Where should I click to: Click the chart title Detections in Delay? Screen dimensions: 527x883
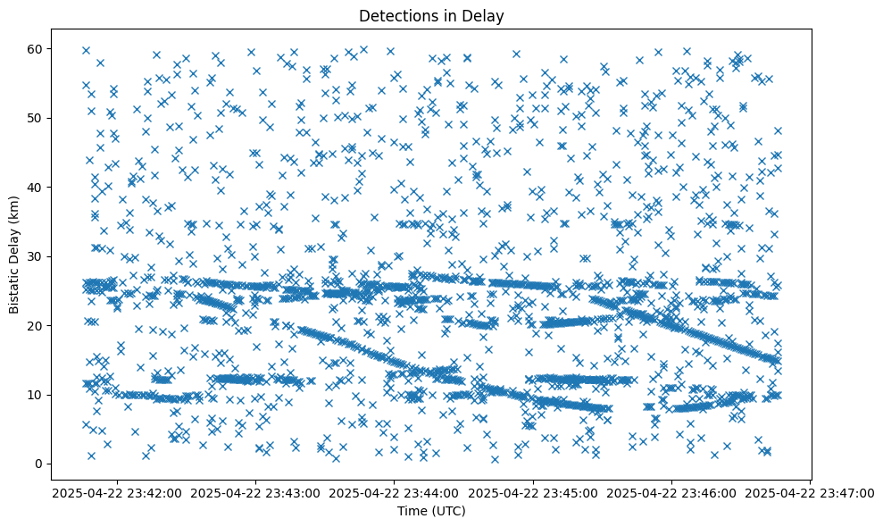431,15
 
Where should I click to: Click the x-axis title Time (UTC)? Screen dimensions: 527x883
431,511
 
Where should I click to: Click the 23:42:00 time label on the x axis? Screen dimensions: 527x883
117,492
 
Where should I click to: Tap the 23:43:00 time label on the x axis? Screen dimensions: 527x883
256,492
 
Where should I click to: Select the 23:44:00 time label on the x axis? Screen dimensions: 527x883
395,492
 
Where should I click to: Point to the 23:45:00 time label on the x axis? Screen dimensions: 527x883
534,492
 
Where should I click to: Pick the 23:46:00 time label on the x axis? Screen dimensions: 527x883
672,492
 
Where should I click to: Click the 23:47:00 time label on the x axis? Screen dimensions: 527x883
811,492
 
